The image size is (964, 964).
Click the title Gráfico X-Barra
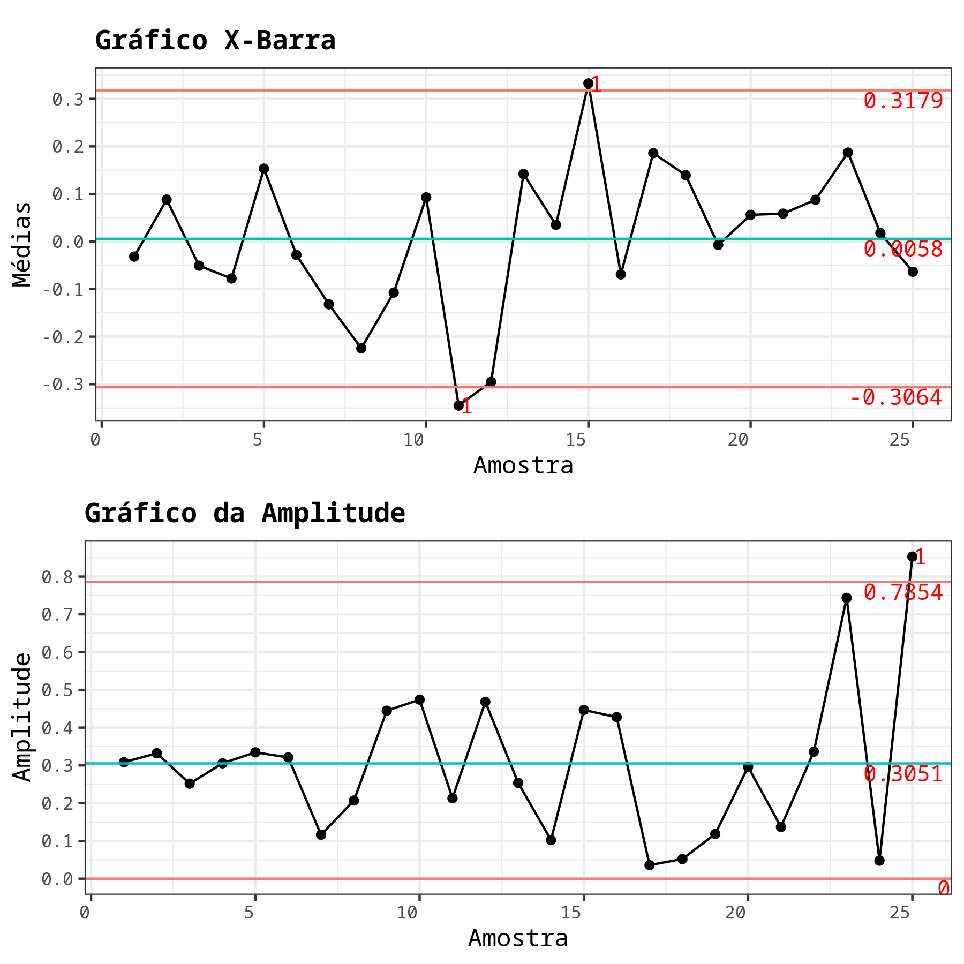(215, 41)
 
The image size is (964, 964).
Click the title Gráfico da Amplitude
(245, 513)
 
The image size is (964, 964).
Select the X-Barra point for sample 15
(588, 84)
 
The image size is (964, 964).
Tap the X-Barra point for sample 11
(458, 405)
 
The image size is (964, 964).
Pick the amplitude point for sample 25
(912, 556)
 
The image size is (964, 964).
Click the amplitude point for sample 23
(846, 598)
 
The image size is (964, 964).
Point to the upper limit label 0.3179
(903, 101)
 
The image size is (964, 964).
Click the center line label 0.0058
(903, 249)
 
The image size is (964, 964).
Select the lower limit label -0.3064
(895, 397)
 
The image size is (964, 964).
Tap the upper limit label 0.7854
(903, 592)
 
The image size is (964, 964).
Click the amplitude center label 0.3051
(903, 774)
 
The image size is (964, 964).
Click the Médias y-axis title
(22, 244)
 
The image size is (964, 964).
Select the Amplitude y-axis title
(22, 717)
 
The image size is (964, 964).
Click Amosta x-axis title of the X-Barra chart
(523, 465)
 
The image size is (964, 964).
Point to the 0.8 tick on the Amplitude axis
(57, 577)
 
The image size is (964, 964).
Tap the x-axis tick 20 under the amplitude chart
(736, 913)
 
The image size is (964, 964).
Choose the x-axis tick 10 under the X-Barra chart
(413, 440)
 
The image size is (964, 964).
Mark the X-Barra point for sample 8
(361, 348)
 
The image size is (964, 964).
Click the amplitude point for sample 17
(650, 865)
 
